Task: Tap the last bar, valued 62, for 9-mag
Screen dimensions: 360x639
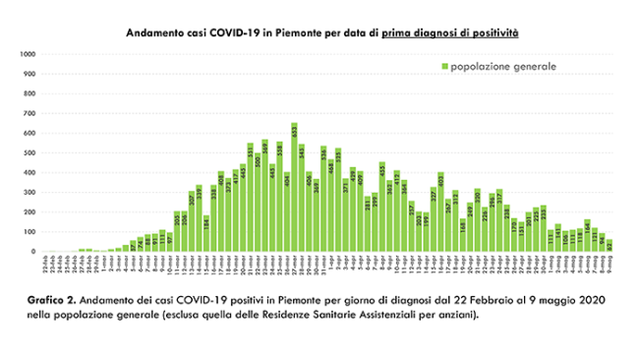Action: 610,246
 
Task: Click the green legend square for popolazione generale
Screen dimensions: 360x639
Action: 443,67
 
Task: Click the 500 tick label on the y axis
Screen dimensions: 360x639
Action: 29,152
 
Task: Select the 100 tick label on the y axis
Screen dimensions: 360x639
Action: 29,232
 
